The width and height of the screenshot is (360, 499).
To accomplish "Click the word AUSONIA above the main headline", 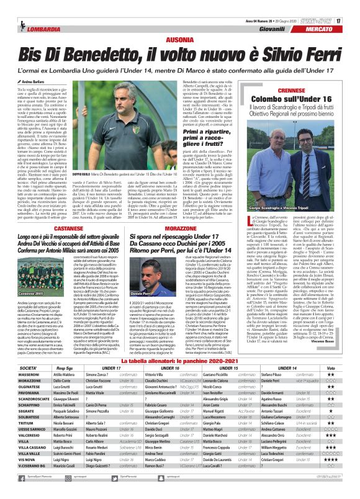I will tap(179, 38).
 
